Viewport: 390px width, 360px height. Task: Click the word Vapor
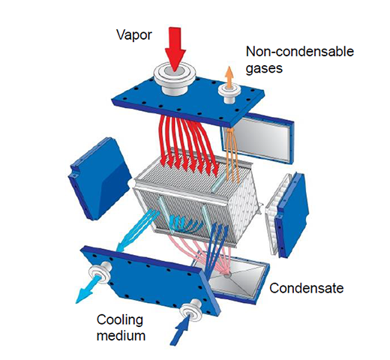tap(134, 35)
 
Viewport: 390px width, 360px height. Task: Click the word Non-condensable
tap(300, 52)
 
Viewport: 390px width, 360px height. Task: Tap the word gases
tap(264, 68)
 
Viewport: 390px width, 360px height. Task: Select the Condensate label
tap(307, 288)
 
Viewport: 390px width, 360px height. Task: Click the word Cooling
tap(120, 320)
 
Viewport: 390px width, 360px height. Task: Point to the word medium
tap(121, 335)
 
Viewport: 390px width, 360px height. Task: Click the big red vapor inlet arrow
tap(175, 49)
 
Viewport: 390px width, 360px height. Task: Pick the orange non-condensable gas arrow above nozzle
tap(229, 77)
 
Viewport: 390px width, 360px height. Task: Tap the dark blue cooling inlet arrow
tap(182, 330)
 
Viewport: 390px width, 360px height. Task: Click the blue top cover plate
tap(188, 100)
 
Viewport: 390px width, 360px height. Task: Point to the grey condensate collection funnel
tap(235, 277)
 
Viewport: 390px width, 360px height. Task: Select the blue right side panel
tap(292, 215)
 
